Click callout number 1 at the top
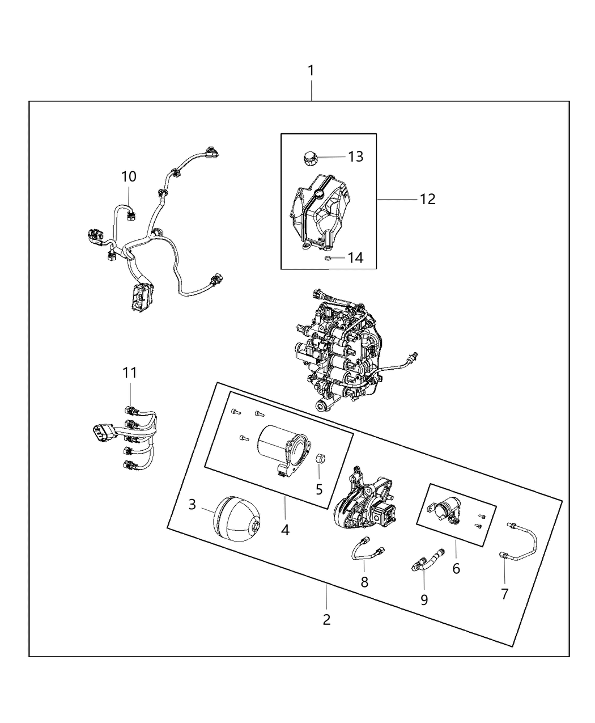(311, 71)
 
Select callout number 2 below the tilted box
(326, 619)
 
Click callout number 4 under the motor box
(285, 530)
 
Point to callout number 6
(456, 568)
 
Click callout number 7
(504, 594)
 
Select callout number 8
(364, 582)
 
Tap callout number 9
(424, 599)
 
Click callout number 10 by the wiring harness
(129, 176)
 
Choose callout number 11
(130, 373)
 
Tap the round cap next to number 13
(309, 157)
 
